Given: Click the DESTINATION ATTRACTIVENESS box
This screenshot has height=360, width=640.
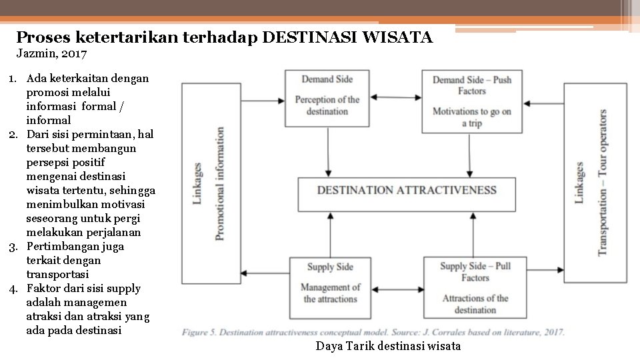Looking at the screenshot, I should tap(407, 193).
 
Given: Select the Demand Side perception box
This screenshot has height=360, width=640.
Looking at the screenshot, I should tap(327, 97).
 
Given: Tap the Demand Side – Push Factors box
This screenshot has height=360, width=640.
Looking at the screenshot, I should tap(471, 101).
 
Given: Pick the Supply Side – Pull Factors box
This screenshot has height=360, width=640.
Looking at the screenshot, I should tap(475, 287).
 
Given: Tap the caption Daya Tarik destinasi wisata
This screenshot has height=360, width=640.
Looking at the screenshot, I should tap(388, 346).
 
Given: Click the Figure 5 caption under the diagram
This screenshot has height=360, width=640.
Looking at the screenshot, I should tap(373, 332).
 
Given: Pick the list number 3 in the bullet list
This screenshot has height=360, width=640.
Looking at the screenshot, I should tap(13, 247).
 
